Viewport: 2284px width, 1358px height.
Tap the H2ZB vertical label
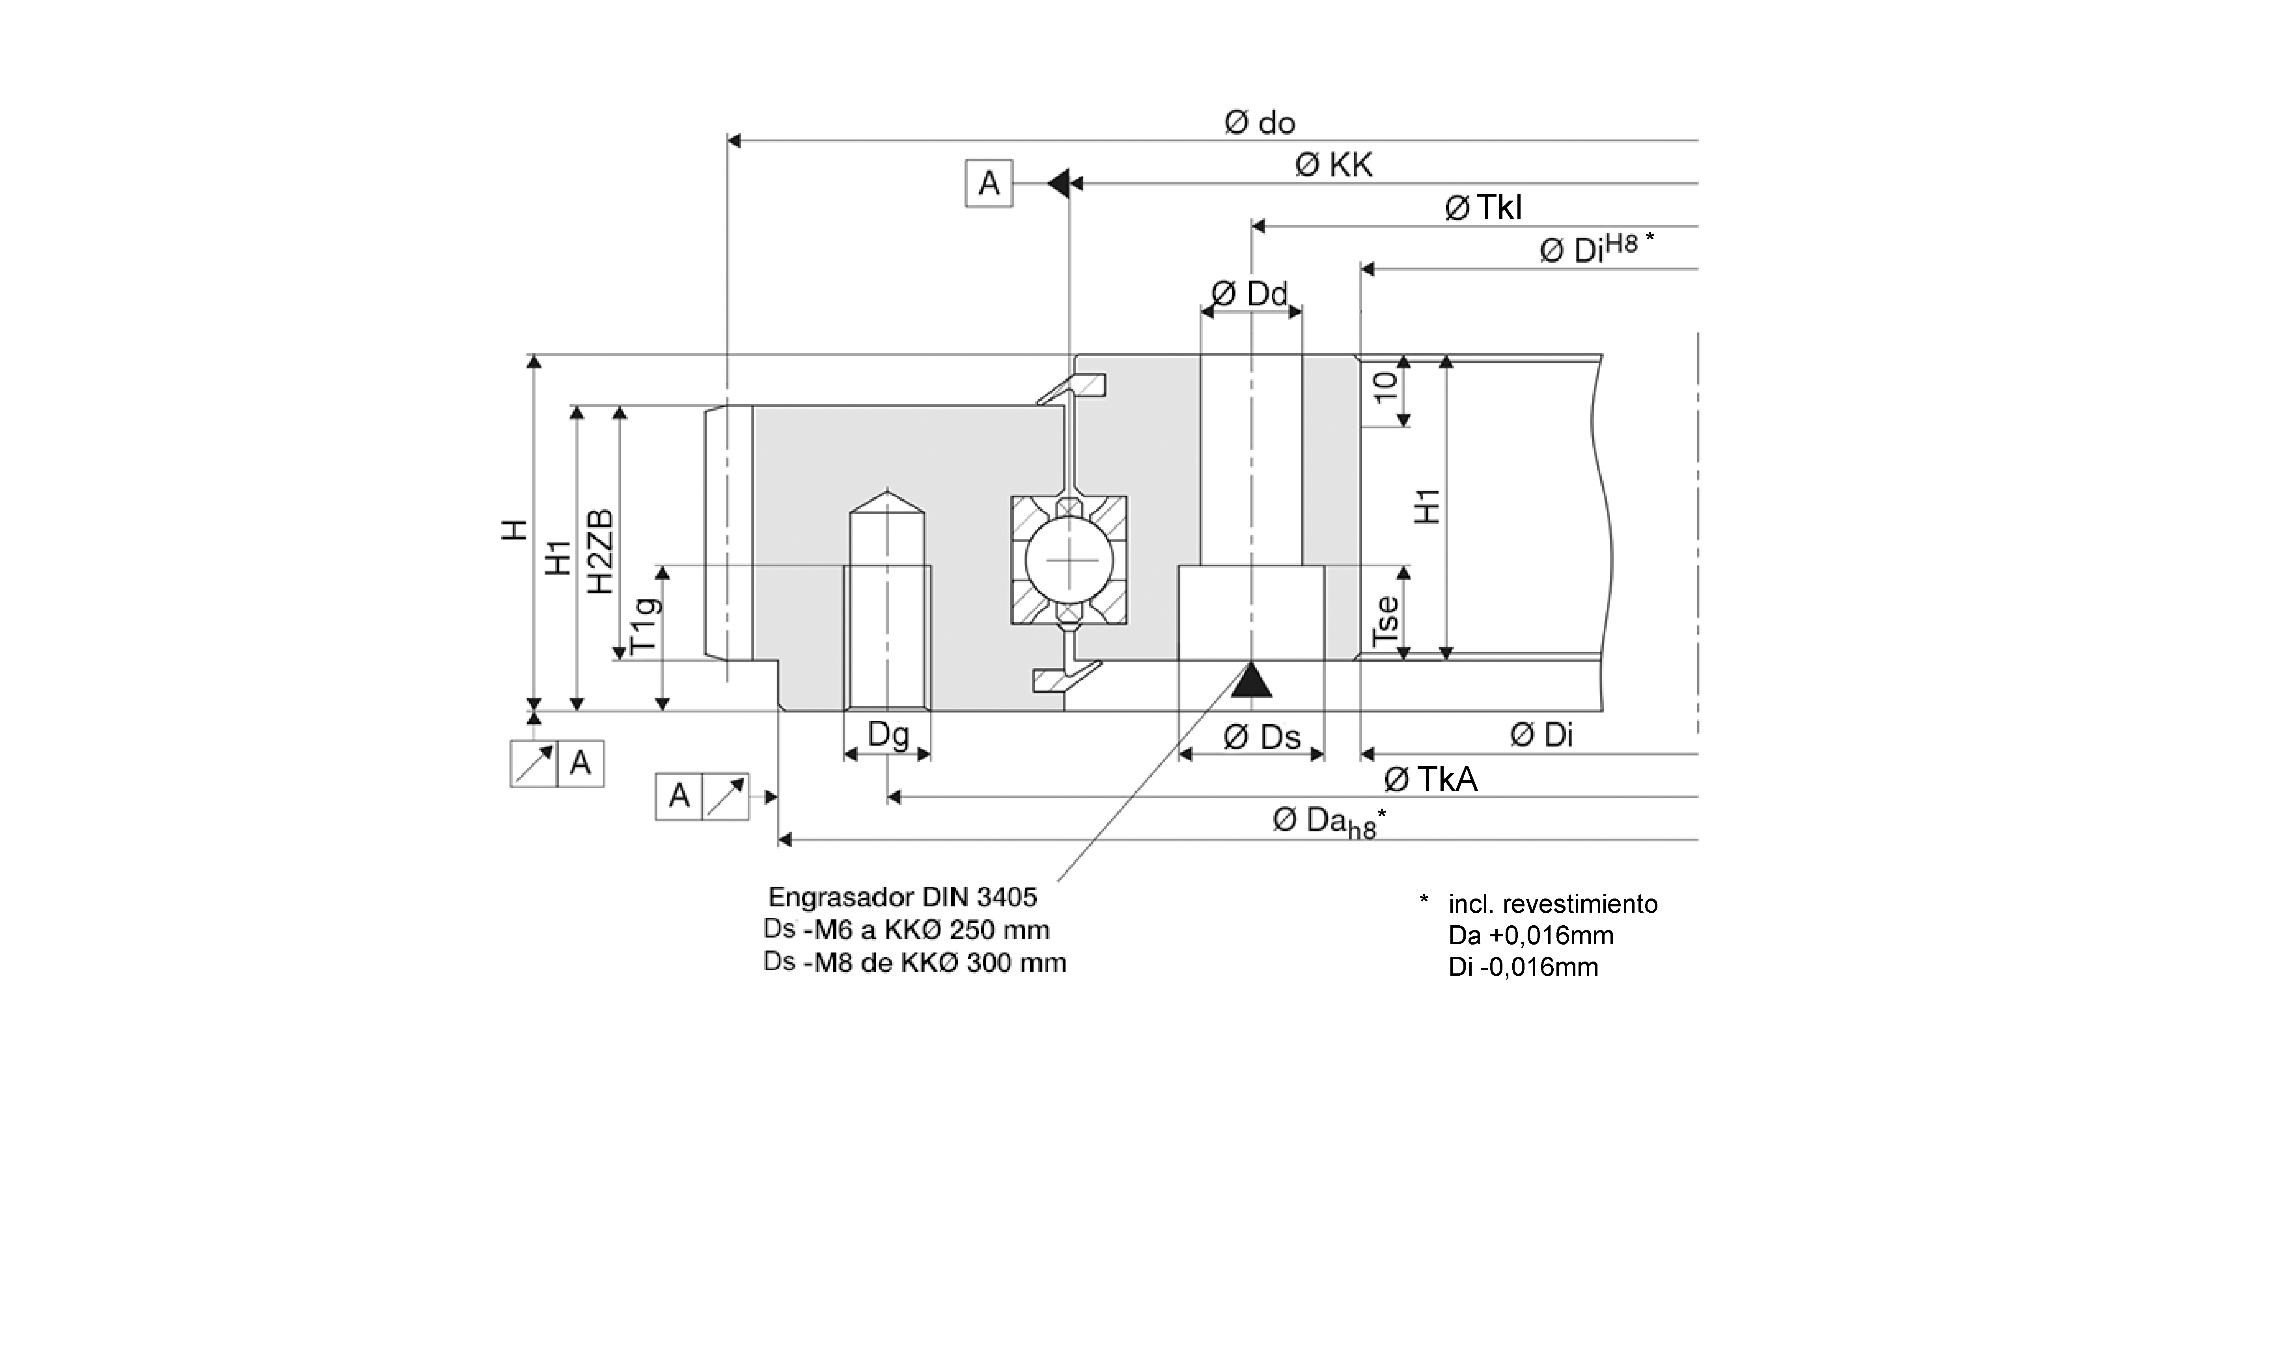pyautogui.click(x=601, y=552)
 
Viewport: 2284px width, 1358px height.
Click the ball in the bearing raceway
pyautogui.click(x=1069, y=560)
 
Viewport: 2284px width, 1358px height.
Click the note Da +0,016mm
pyautogui.click(x=1530, y=935)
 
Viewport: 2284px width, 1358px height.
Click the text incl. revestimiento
pyautogui.click(x=1553, y=904)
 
